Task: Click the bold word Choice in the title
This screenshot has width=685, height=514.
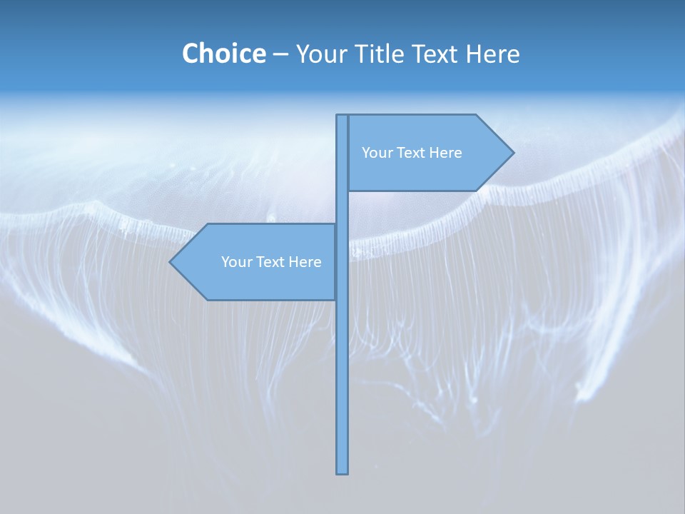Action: click(223, 54)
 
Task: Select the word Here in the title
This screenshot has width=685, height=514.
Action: click(492, 54)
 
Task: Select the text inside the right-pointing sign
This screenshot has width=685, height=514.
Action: click(412, 153)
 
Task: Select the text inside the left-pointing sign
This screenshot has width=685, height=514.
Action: click(271, 262)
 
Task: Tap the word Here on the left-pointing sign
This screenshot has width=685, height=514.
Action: click(305, 262)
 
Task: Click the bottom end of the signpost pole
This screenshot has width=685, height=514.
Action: click(342, 471)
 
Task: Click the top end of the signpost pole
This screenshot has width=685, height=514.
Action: click(342, 117)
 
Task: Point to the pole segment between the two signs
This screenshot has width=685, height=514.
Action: click(342, 207)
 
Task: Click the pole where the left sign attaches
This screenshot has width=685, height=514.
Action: click(342, 262)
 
